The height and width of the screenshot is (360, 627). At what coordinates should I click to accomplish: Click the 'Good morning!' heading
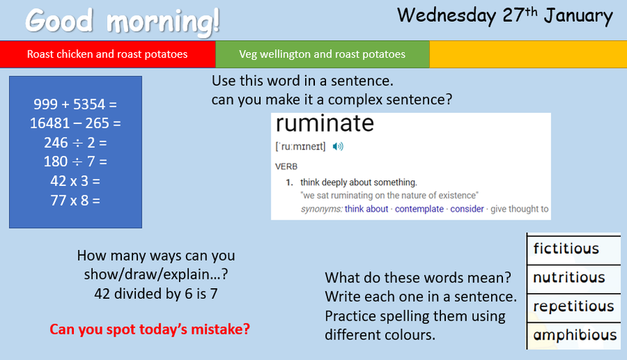(123, 21)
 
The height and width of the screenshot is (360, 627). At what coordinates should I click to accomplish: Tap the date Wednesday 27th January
(504, 16)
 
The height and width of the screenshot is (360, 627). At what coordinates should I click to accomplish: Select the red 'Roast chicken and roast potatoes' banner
(108, 54)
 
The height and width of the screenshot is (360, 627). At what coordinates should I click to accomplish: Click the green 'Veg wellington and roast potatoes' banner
(322, 54)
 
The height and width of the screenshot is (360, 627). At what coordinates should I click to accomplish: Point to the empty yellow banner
(528, 54)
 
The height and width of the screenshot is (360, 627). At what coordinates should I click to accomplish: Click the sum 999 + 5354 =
(75, 104)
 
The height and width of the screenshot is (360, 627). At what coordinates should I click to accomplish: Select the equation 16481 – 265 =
(75, 123)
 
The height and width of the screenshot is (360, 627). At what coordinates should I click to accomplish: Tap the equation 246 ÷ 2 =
(75, 142)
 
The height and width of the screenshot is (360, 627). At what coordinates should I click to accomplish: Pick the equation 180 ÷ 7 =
(75, 161)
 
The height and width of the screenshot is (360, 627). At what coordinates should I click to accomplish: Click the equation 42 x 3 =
(75, 181)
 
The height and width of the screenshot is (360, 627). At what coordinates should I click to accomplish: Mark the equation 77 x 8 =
(75, 200)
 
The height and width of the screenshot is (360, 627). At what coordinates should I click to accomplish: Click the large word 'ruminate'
(325, 123)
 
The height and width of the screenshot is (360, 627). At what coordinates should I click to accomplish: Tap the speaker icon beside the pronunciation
(338, 147)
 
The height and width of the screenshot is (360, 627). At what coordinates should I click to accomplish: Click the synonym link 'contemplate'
(419, 209)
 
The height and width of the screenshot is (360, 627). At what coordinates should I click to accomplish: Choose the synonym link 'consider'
(467, 209)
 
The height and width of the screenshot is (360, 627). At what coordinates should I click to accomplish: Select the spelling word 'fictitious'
(566, 249)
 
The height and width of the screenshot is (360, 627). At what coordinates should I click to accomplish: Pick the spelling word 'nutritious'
(569, 278)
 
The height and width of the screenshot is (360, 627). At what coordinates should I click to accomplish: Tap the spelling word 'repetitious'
(573, 306)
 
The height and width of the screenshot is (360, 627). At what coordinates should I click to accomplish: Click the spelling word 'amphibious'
(575, 335)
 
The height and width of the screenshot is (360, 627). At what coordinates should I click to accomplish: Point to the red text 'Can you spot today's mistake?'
(149, 330)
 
